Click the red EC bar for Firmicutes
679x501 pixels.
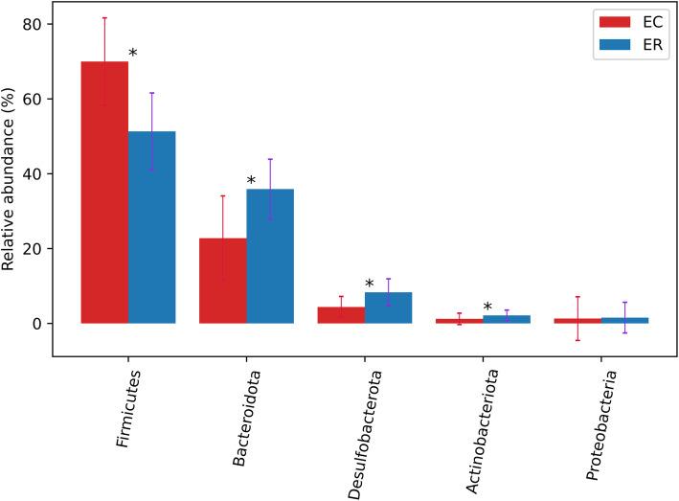104,192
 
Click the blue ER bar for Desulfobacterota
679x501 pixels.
388,307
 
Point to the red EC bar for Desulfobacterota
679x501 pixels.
341,315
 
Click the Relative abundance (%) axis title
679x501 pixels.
9,180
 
